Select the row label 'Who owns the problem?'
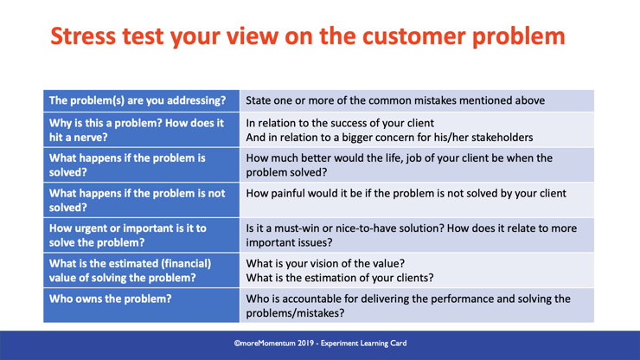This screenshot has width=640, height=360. [x=111, y=299]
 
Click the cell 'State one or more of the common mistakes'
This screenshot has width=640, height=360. [x=395, y=100]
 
